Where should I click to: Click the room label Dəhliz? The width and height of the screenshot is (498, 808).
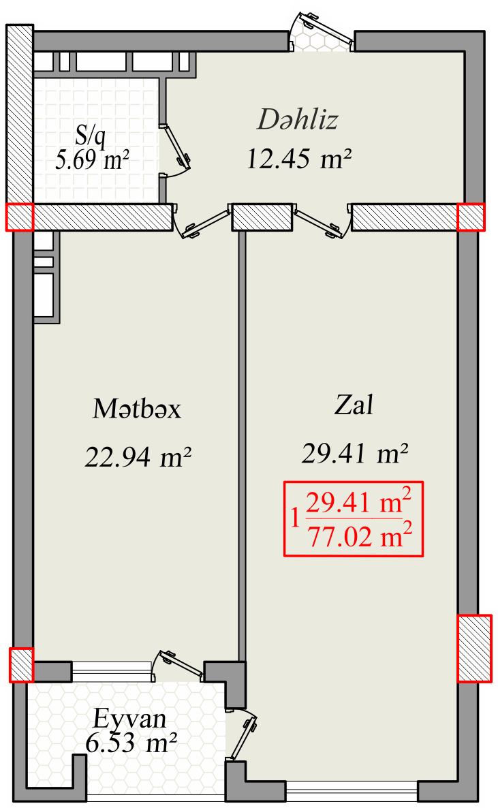(298, 119)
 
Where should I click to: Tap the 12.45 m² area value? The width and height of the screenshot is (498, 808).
(299, 159)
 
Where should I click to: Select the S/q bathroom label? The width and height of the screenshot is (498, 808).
(91, 136)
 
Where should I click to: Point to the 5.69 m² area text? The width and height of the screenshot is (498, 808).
(92, 160)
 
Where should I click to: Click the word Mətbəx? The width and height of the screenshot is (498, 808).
(137, 409)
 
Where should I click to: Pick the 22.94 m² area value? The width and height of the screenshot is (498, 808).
(138, 456)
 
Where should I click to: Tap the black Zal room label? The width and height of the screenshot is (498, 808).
(354, 405)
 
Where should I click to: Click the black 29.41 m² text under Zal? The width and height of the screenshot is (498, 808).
(355, 454)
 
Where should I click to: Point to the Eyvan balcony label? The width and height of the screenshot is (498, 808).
(130, 719)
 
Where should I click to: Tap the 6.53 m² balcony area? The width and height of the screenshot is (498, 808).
(131, 743)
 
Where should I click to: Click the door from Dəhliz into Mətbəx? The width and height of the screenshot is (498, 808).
(202, 223)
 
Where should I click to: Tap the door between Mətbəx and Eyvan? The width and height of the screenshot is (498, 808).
(179, 666)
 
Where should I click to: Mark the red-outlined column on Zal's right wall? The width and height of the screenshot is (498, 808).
(475, 649)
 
